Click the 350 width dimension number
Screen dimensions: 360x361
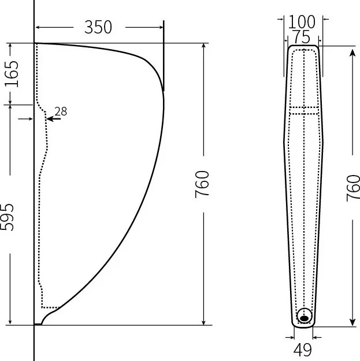[x=98, y=27]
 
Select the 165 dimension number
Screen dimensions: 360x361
[x=12, y=74]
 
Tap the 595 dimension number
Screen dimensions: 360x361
[x=7, y=217]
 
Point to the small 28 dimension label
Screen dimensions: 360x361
[x=61, y=111]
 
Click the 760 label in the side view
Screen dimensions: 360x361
[x=202, y=184]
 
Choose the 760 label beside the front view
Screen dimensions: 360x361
[x=353, y=188]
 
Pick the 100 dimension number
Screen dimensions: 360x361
[x=302, y=22]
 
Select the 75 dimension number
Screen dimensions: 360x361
[x=302, y=37]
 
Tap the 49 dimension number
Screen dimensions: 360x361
[x=303, y=349]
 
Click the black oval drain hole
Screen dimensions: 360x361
[x=305, y=318]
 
